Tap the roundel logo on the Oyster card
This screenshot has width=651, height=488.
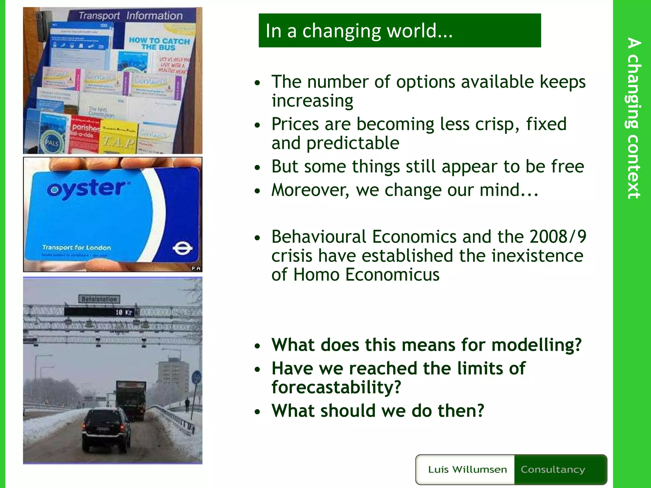click(x=182, y=248)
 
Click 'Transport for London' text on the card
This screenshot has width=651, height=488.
click(x=77, y=247)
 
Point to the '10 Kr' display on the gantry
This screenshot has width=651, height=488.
click(x=124, y=312)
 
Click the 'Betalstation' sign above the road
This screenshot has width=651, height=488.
click(x=99, y=299)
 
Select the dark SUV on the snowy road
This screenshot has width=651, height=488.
click(x=106, y=429)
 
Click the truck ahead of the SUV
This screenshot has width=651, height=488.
click(x=131, y=400)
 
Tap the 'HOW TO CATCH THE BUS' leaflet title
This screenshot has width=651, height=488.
click(x=159, y=44)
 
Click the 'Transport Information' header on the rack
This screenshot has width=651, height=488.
click(x=131, y=16)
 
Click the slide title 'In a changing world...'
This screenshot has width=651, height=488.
click(x=359, y=31)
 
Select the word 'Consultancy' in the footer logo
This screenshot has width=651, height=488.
click(x=553, y=469)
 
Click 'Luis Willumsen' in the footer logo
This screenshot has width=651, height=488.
click(x=467, y=469)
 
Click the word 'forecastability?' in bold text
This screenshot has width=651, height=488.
click(x=336, y=387)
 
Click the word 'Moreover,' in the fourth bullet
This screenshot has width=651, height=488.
click(x=310, y=190)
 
